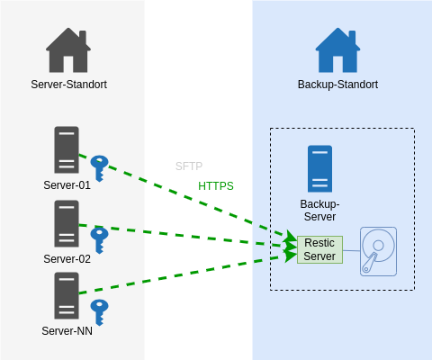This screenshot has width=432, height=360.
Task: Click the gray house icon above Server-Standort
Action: click(x=68, y=50)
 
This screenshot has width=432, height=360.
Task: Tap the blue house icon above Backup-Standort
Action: click(x=337, y=50)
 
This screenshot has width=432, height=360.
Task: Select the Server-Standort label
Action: click(x=68, y=85)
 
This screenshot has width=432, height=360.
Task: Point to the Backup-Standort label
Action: click(x=337, y=85)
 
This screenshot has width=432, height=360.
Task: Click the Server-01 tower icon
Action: click(x=67, y=149)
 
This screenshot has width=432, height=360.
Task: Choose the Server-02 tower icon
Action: click(x=67, y=223)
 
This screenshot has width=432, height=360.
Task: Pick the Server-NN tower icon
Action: click(x=67, y=295)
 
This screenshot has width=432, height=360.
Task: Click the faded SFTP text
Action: click(x=189, y=166)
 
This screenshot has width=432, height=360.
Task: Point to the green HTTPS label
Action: click(x=216, y=186)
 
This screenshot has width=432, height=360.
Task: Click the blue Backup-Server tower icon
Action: click(x=319, y=168)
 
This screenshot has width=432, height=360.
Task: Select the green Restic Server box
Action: click(x=319, y=249)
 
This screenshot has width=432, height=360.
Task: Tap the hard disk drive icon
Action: click(x=378, y=251)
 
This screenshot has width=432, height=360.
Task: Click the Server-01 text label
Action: click(x=67, y=185)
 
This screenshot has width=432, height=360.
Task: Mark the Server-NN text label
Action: click(x=67, y=331)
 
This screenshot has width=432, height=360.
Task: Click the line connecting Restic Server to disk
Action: click(x=351, y=250)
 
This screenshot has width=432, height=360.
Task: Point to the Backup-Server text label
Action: click(x=319, y=211)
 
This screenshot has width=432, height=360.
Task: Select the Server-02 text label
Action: click(x=67, y=259)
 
